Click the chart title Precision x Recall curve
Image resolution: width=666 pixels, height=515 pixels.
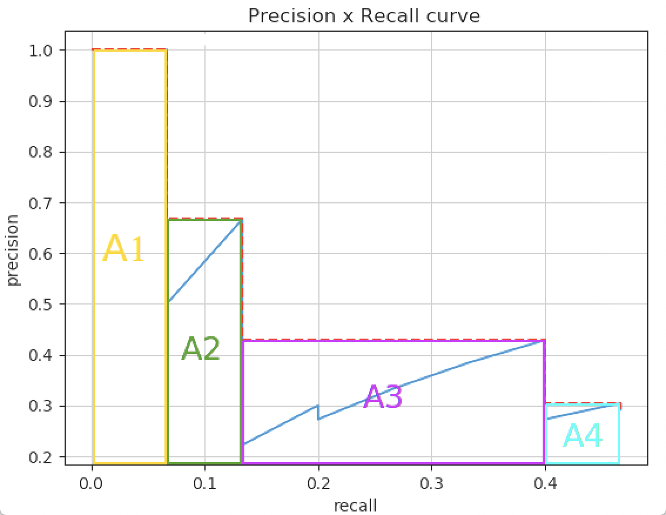pyautogui.click(x=364, y=16)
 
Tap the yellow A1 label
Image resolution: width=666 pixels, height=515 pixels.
pyautogui.click(x=123, y=249)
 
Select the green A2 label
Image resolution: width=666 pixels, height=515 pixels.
pyautogui.click(x=201, y=349)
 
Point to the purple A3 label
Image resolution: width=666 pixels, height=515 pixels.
pyautogui.click(x=383, y=397)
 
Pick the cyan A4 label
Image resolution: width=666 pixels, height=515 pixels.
pyautogui.click(x=583, y=437)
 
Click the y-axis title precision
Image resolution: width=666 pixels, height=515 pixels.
pyautogui.click(x=13, y=250)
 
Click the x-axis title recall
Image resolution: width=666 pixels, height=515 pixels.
pyautogui.click(x=355, y=506)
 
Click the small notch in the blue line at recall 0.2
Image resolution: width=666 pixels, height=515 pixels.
pyautogui.click(x=318, y=412)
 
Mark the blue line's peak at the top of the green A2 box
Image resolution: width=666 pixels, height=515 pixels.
pyautogui.click(x=241, y=220)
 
